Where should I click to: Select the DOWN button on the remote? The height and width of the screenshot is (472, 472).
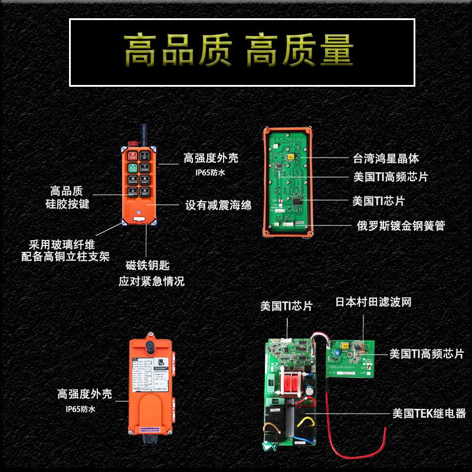click(x=146, y=169)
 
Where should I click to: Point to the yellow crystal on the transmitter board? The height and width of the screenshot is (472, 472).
click(x=290, y=158)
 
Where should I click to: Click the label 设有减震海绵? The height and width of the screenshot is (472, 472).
click(x=218, y=205)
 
